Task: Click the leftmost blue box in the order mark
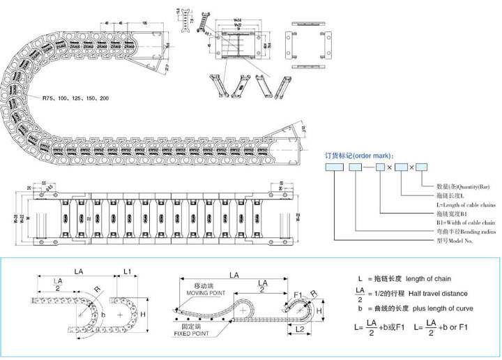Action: tap(332, 167)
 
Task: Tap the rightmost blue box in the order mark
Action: tap(422, 167)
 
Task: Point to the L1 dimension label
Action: tap(127, 269)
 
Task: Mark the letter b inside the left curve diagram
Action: tap(104, 314)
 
